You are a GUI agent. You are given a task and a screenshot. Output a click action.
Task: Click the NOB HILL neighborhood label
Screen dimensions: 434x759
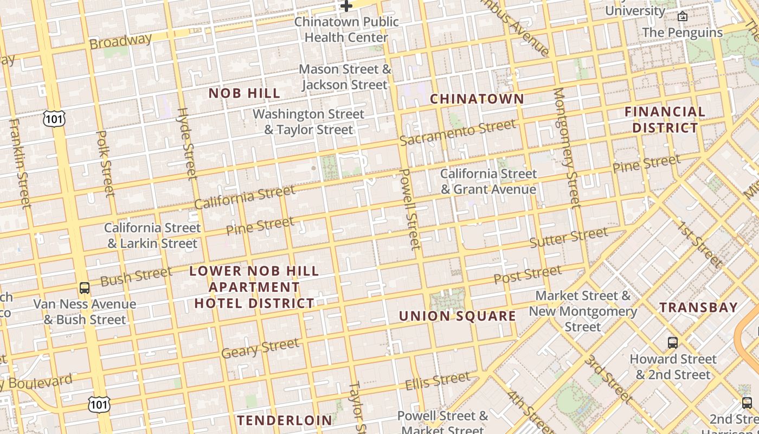pyautogui.click(x=245, y=93)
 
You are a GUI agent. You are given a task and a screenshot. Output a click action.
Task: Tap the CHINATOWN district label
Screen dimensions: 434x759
pyautogui.click(x=477, y=99)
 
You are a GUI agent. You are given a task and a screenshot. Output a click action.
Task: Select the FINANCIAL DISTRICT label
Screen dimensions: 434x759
pyautogui.click(x=665, y=120)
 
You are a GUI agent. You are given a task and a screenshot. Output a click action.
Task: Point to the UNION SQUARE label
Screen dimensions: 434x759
pyautogui.click(x=458, y=316)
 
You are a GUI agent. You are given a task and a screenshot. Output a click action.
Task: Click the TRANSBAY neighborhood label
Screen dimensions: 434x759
pyautogui.click(x=699, y=308)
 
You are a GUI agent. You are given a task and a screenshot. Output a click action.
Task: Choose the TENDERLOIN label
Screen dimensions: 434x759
pyautogui.click(x=285, y=420)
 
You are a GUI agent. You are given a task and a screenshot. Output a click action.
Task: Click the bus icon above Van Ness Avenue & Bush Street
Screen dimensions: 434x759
pyautogui.click(x=85, y=288)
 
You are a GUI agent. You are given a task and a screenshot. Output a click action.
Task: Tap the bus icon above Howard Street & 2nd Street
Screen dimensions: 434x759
pyautogui.click(x=673, y=342)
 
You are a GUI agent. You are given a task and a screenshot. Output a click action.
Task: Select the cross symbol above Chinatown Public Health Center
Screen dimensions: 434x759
pyautogui.click(x=346, y=6)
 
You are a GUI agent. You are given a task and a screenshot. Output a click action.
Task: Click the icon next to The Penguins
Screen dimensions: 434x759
pyautogui.click(x=683, y=16)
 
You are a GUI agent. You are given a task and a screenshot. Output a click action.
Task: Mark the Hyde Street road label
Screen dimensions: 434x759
pyautogui.click(x=187, y=143)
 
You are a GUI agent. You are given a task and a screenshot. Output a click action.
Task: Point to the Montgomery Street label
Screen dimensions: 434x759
pyautogui.click(x=567, y=148)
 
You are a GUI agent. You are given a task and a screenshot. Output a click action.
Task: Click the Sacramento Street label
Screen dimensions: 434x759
pyautogui.click(x=458, y=132)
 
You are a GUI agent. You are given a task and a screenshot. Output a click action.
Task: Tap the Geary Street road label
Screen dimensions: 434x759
pyautogui.click(x=260, y=348)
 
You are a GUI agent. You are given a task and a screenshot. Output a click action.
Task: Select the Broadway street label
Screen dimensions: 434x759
pyautogui.click(x=120, y=41)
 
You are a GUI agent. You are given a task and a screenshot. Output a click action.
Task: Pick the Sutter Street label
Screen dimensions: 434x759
pyautogui.click(x=568, y=238)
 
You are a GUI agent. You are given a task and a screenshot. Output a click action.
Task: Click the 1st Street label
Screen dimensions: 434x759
pyautogui.click(x=700, y=245)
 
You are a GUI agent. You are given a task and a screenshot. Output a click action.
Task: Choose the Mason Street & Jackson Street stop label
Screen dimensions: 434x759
pyautogui.click(x=345, y=77)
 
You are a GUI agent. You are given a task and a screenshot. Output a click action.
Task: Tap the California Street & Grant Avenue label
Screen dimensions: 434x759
pyautogui.click(x=488, y=181)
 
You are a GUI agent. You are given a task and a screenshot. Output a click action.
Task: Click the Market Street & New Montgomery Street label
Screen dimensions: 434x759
pyautogui.click(x=583, y=311)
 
